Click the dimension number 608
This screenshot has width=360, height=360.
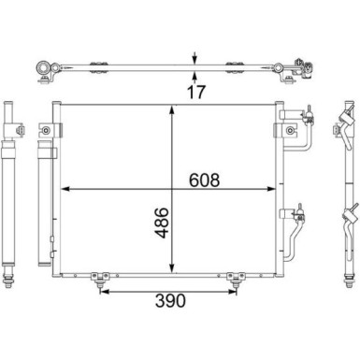204,180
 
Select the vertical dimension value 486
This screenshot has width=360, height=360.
162,223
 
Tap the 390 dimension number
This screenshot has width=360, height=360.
170,300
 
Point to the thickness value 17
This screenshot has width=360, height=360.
196,92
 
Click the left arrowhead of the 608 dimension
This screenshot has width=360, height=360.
65,189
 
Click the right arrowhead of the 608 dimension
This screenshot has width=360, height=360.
271,189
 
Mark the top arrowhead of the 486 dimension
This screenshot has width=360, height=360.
171,110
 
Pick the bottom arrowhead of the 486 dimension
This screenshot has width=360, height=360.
171,268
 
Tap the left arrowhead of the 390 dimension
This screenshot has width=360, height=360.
104,292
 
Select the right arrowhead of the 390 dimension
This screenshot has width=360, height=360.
233,292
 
